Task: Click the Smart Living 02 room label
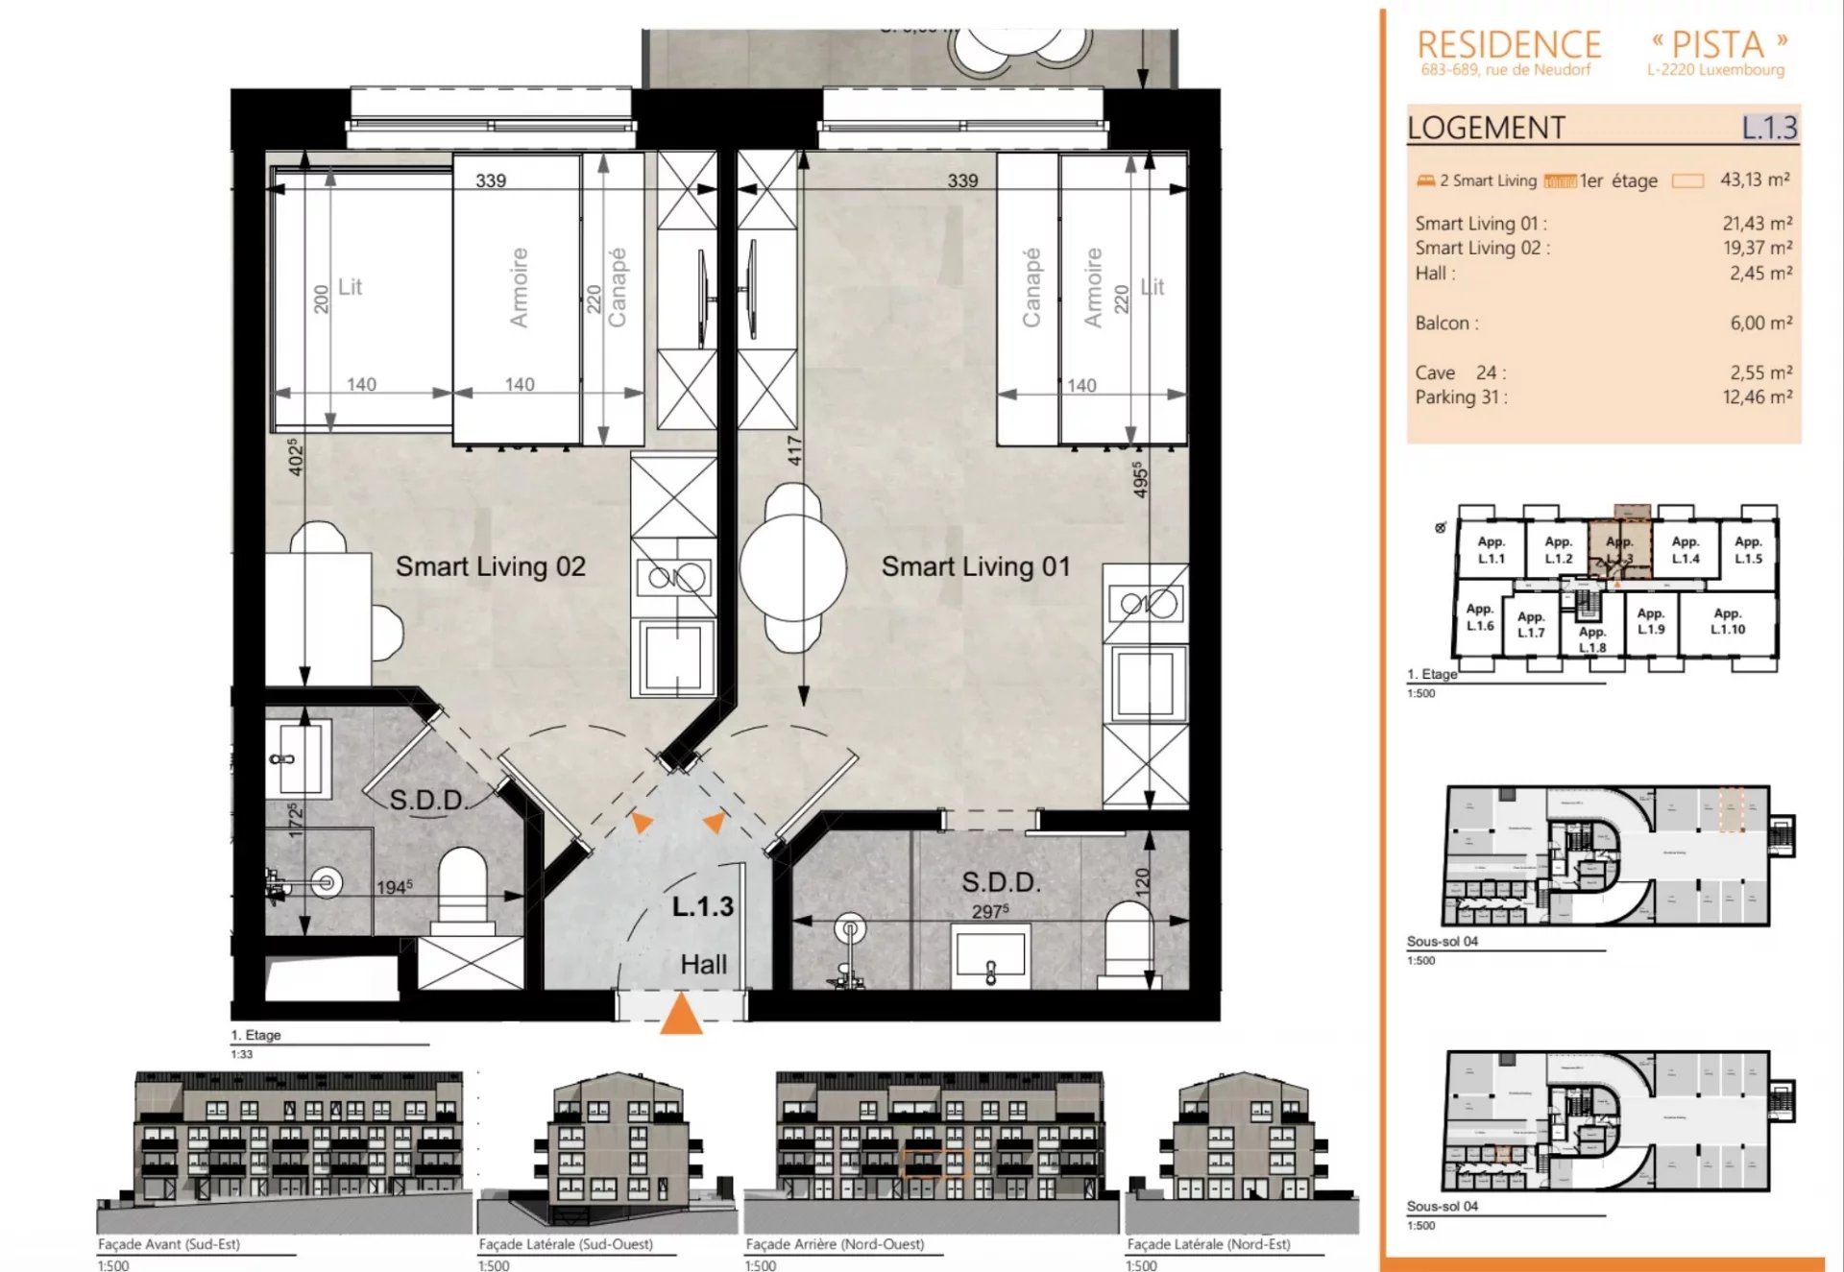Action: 491,566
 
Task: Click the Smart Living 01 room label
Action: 976,566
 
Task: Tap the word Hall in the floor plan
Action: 703,964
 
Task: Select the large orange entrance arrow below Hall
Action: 681,1015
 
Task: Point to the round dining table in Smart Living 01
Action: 793,567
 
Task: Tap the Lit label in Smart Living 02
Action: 351,286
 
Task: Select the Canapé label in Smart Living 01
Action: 1031,287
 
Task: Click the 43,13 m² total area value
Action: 1755,180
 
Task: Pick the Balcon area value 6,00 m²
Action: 1760,323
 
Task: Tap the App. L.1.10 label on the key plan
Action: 1727,621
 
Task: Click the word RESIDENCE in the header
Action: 1509,44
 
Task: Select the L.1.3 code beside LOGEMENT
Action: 1769,127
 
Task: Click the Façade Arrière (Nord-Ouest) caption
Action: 835,1243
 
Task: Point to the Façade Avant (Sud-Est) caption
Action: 169,1243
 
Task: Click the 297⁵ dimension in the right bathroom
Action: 989,910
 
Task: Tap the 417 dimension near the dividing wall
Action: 794,450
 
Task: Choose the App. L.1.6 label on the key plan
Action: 1479,617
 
